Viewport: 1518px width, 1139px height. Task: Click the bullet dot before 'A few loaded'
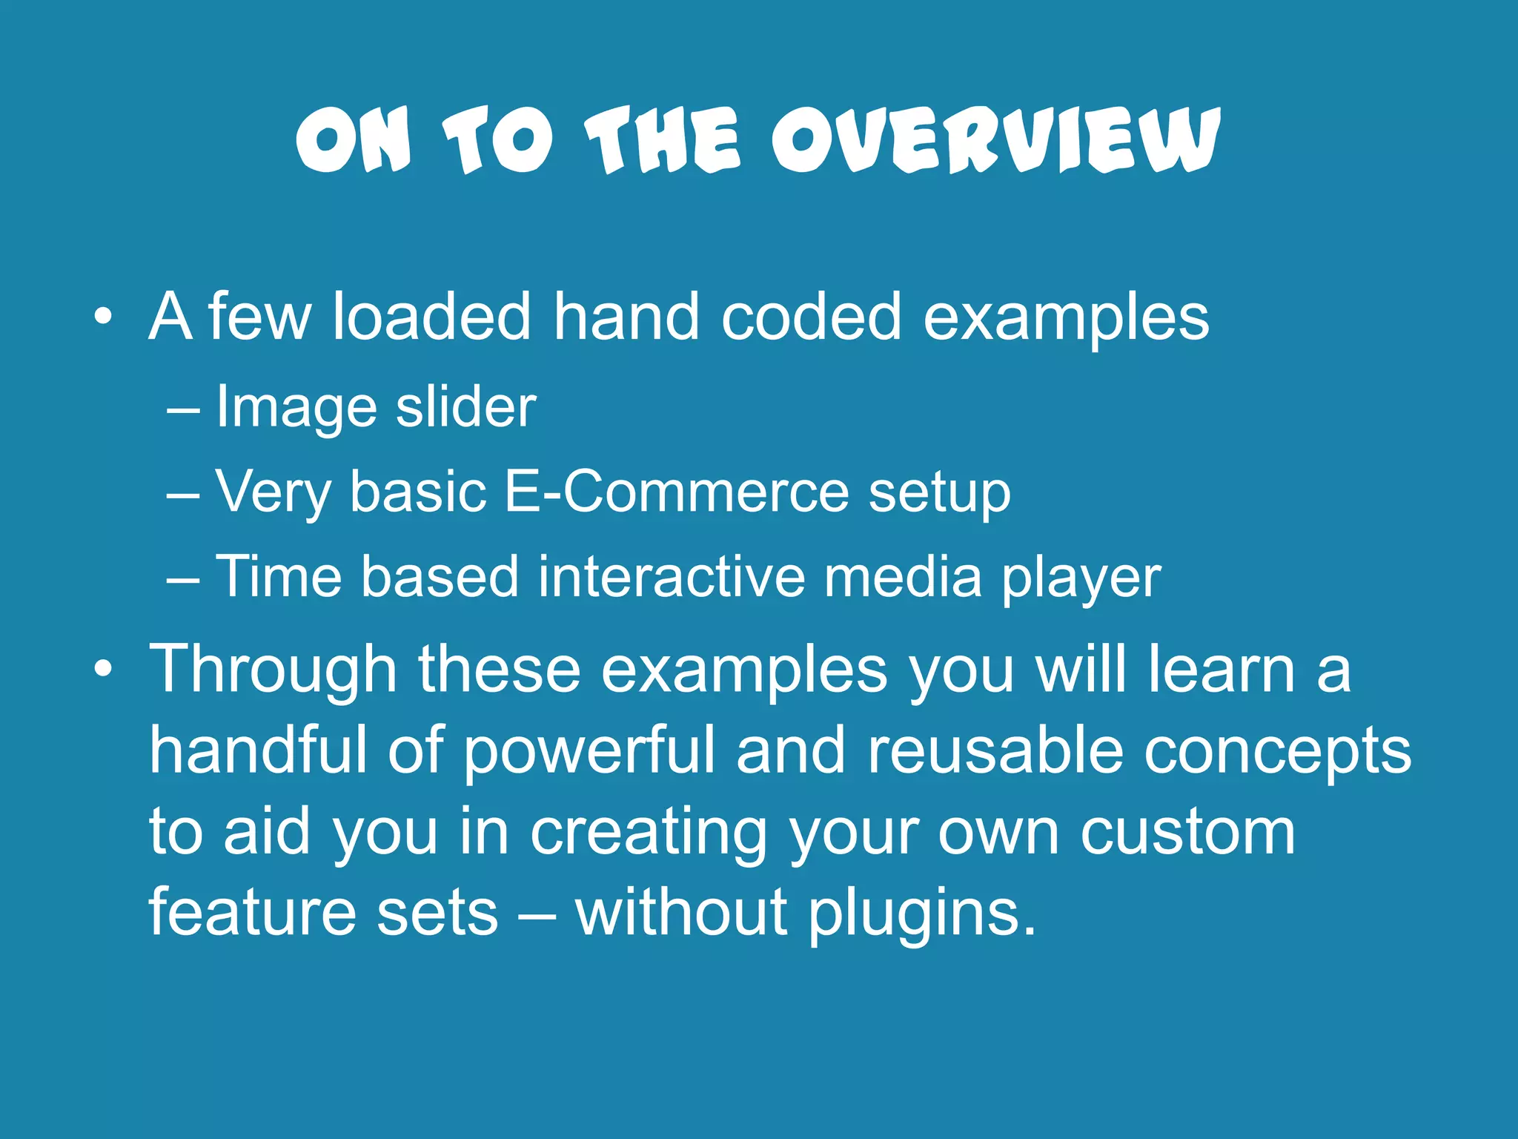coord(104,318)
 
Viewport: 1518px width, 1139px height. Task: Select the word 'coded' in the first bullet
coord(812,317)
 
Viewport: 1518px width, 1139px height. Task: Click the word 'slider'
coord(465,407)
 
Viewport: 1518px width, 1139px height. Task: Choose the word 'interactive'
coord(672,576)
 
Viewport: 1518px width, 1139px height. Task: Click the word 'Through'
coord(274,670)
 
